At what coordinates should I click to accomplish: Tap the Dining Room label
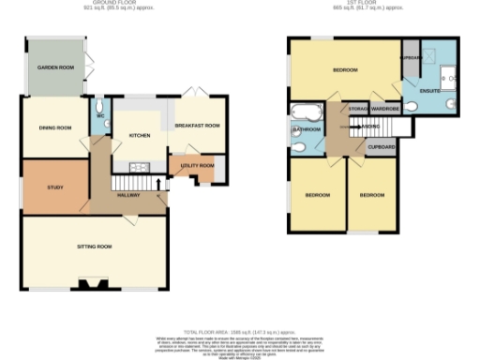[55, 127]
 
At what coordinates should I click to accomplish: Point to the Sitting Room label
[94, 247]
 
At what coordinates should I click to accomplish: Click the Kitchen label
[139, 135]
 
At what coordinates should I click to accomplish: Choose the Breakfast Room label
[198, 126]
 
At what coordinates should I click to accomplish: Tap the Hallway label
[129, 194]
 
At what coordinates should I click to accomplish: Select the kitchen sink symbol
[138, 167]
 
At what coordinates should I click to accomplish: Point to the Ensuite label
[429, 91]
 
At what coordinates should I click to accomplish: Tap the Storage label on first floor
[357, 110]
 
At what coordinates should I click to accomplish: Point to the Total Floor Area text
[239, 332]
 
